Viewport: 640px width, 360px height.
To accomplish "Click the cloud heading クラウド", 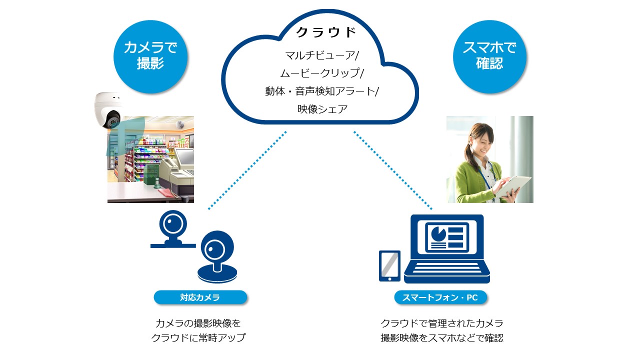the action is (326, 32).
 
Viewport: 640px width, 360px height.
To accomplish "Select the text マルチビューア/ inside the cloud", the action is (322, 55).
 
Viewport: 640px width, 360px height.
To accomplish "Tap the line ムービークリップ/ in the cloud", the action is (322, 73).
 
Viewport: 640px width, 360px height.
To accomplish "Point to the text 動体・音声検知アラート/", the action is (322, 91).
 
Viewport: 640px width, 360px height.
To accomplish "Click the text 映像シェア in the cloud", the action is (322, 109).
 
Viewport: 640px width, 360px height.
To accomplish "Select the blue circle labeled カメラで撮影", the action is (150, 56).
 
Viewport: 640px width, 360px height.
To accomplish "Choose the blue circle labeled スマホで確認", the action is (489, 56).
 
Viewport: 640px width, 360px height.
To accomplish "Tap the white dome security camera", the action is (108, 110).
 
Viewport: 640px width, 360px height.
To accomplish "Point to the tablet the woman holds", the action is (513, 185).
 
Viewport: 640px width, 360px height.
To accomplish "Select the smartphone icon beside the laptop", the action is (389, 266).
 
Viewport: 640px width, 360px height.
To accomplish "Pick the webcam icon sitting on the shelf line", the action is (173, 229).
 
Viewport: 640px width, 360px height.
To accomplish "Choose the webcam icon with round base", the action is (217, 256).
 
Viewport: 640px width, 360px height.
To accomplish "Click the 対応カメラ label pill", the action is (200, 297).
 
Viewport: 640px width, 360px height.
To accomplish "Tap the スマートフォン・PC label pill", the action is (440, 297).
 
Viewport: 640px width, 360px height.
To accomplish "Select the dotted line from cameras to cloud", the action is (247, 170).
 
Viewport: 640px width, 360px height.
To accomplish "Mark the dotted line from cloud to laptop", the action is (393, 170).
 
